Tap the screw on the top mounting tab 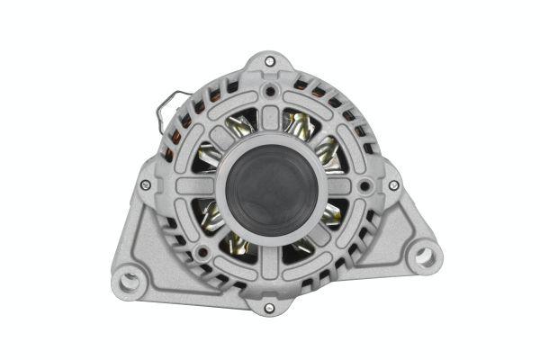[270, 60]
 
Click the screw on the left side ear [146, 184]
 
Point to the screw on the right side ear [393, 184]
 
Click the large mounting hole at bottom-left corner [129, 280]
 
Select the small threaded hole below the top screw [270, 91]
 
